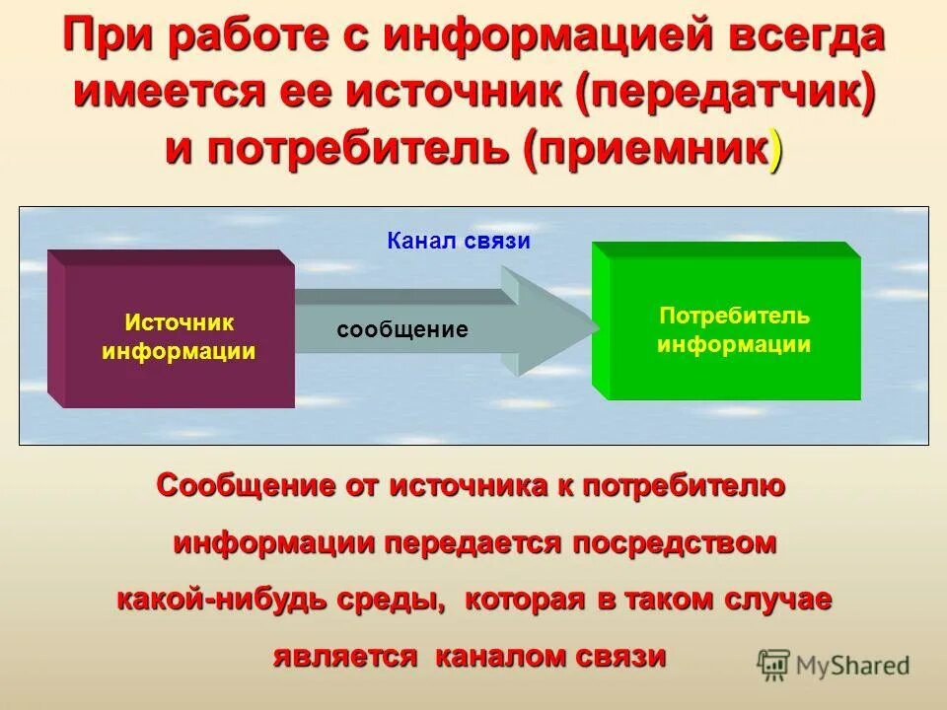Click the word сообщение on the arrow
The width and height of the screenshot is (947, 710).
[402, 330]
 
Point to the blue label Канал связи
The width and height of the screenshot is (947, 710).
[459, 241]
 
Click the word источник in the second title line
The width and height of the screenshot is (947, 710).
[455, 93]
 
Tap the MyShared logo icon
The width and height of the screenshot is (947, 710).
[774, 666]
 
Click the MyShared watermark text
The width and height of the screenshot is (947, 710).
[853, 666]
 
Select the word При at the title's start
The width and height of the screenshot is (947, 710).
[105, 37]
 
